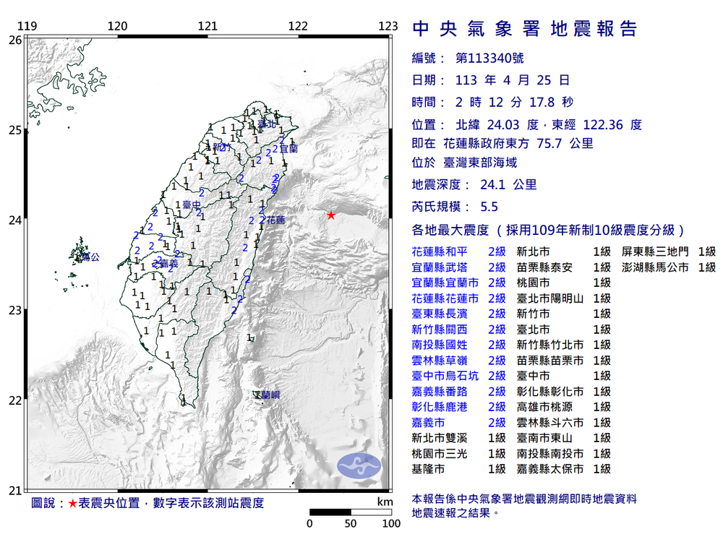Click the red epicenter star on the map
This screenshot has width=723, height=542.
[x=330, y=215]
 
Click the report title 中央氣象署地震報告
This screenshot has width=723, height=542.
[x=525, y=29]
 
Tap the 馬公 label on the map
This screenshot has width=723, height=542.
[x=90, y=257]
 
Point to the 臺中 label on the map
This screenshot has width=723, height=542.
[x=192, y=205]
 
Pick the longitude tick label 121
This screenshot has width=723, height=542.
[x=208, y=27]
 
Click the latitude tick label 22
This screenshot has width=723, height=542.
[x=14, y=400]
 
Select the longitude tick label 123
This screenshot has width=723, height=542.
[x=388, y=27]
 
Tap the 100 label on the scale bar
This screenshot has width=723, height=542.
[x=391, y=523]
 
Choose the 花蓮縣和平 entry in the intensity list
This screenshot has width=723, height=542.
[x=444, y=251]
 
